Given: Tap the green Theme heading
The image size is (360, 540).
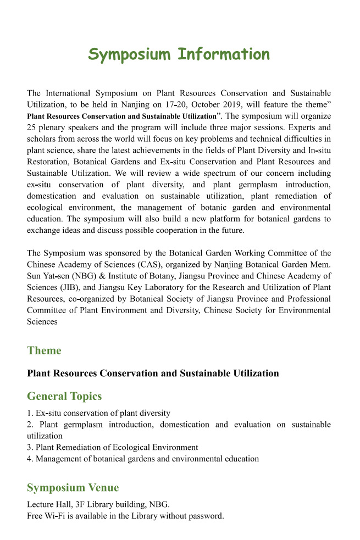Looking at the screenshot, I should click(44, 350).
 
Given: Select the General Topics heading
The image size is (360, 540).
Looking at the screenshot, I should click(64, 396).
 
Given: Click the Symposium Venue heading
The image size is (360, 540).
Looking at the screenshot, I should click(73, 488).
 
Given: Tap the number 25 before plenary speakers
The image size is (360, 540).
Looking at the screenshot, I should click(32, 128).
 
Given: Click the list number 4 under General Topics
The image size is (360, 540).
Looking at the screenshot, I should click(29, 459).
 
